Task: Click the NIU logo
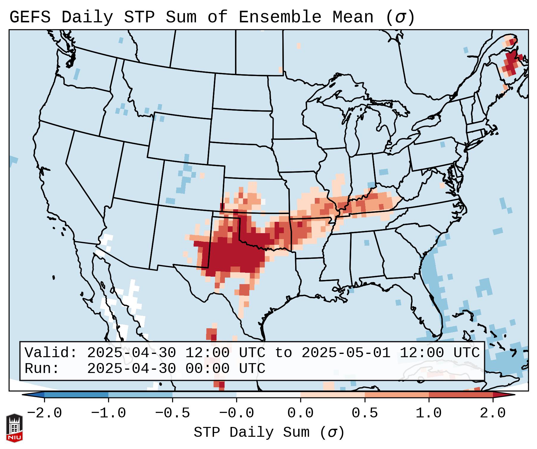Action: click(x=14, y=428)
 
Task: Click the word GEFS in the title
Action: click(x=30, y=17)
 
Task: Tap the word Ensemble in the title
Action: click(x=280, y=17)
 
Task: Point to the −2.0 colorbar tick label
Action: click(x=44, y=413)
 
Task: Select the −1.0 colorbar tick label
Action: click(x=108, y=413)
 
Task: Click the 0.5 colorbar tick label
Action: click(x=365, y=413)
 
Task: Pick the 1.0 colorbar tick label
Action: click(x=429, y=413)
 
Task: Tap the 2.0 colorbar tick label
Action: click(x=493, y=413)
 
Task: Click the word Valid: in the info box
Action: click(x=51, y=353)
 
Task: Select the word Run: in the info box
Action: click(x=42, y=369)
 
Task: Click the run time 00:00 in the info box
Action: click(x=207, y=369)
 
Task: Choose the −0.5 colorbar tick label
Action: click(x=172, y=413)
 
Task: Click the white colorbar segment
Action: click(x=268, y=395)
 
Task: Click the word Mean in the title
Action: click(x=353, y=17)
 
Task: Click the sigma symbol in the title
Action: click(x=400, y=17)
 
